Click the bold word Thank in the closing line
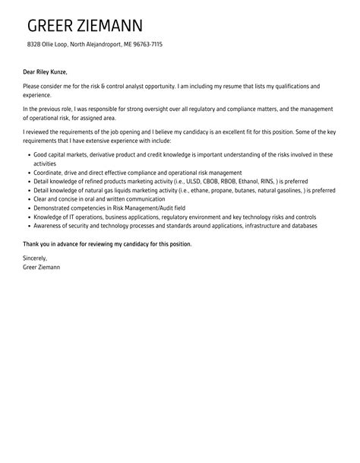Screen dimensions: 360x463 [32, 244]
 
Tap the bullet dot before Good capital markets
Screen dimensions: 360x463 [27, 155]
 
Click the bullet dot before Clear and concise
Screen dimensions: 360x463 [27, 200]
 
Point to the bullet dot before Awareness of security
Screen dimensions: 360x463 [27, 226]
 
